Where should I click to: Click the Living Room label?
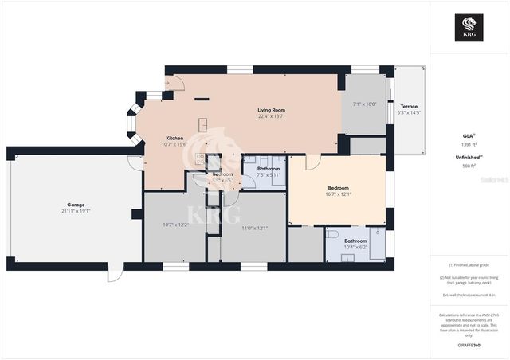(x=271, y=110)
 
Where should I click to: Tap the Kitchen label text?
(x=175, y=137)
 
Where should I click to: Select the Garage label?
(x=76, y=205)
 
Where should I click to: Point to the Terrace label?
(x=409, y=106)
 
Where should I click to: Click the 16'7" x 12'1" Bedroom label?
(x=339, y=188)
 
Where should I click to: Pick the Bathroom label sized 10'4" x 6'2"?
(x=355, y=241)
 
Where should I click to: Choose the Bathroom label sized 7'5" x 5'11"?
(x=269, y=169)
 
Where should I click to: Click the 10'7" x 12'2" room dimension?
(x=175, y=225)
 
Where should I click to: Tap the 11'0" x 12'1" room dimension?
(x=254, y=229)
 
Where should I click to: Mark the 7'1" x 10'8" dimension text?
(x=363, y=104)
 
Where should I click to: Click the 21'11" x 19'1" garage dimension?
(x=76, y=211)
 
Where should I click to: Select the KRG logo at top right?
(x=469, y=27)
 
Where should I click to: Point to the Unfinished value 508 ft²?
(x=469, y=166)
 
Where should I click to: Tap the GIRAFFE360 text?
(x=469, y=346)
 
